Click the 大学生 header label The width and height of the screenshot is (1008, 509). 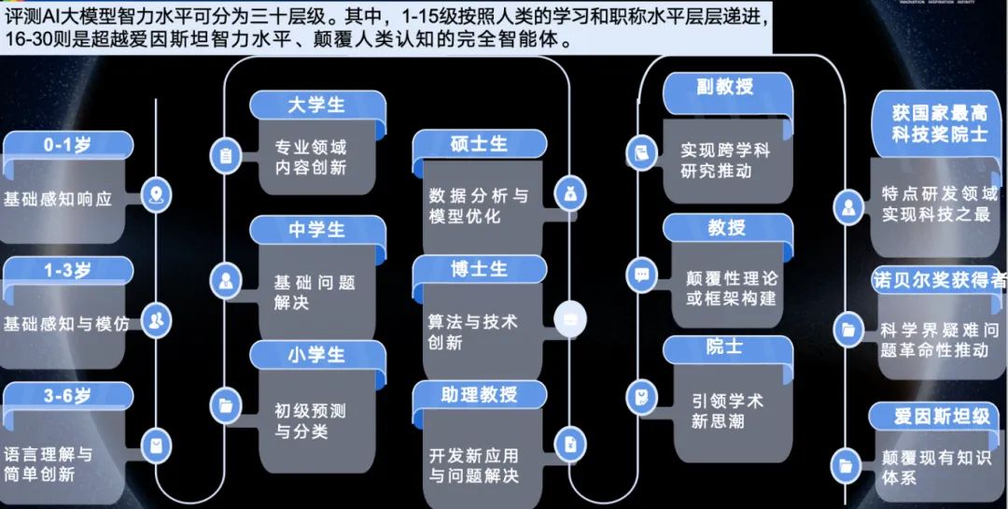(316, 105)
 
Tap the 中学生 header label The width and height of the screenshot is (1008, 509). (316, 229)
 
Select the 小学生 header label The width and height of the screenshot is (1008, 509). (316, 355)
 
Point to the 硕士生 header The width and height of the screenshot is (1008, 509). (479, 144)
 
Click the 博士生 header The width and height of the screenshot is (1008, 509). (479, 269)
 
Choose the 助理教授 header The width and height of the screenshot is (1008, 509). (479, 395)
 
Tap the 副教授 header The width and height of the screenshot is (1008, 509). (725, 87)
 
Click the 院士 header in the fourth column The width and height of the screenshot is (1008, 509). (725, 347)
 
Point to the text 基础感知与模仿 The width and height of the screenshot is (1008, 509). (66, 324)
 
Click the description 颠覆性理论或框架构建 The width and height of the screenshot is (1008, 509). (731, 289)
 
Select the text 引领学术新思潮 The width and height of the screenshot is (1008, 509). (727, 411)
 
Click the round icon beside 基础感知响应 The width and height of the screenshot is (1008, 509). (155, 195)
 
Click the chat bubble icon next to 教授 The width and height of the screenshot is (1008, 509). (641, 275)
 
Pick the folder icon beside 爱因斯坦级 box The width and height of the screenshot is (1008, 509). (847, 464)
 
